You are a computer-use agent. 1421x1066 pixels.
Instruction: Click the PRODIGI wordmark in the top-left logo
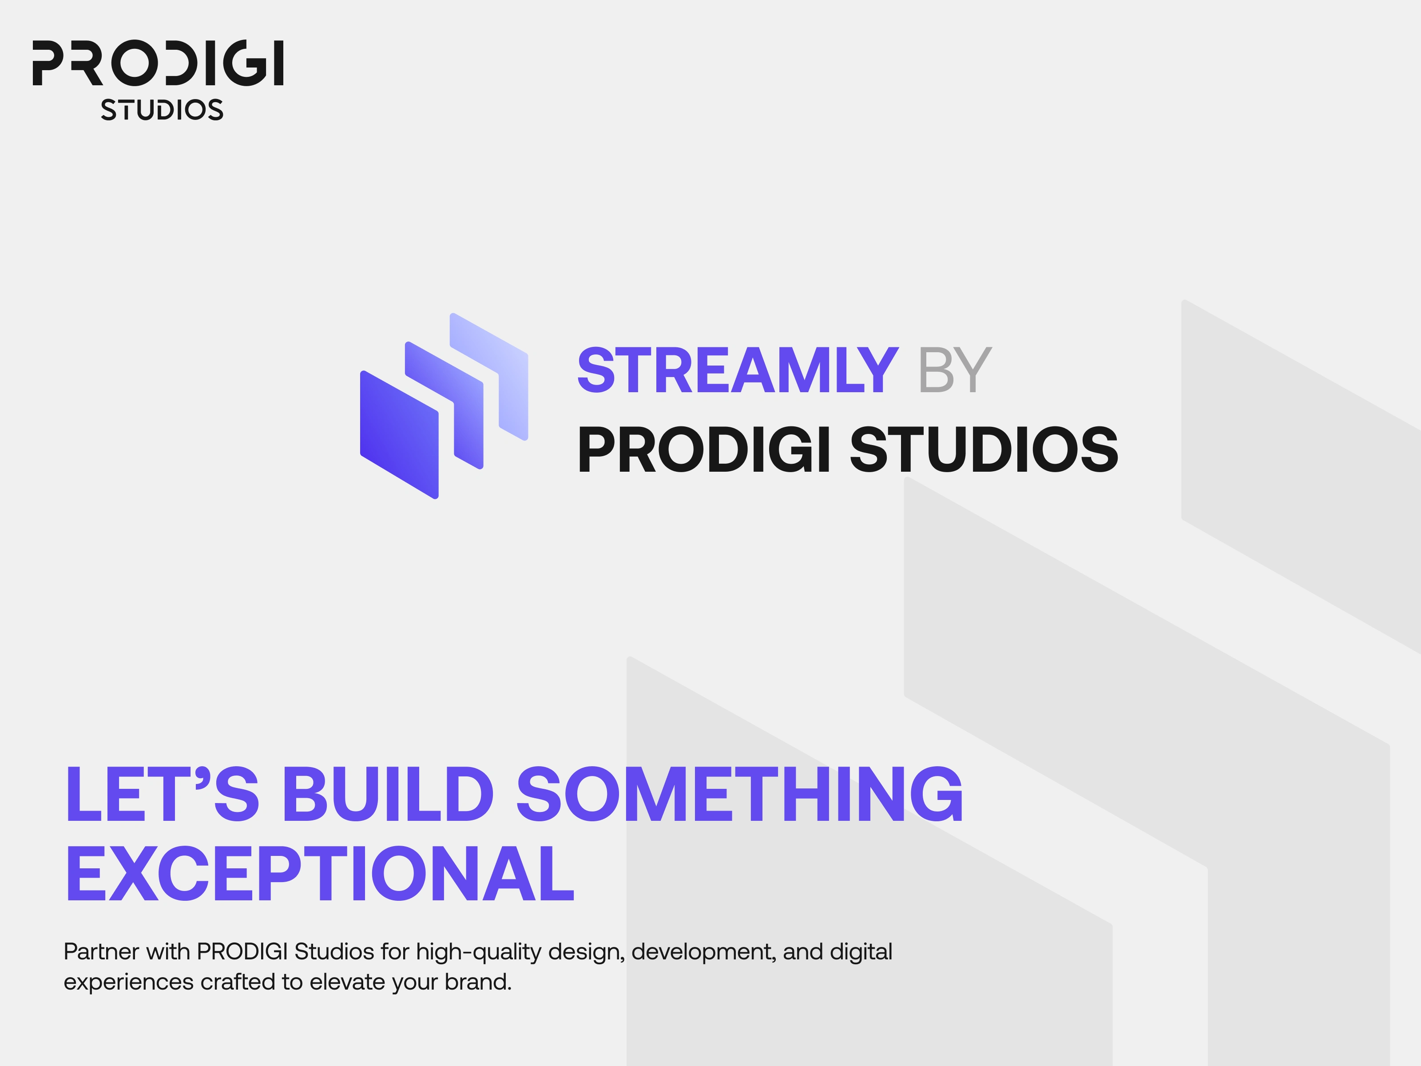click(158, 63)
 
